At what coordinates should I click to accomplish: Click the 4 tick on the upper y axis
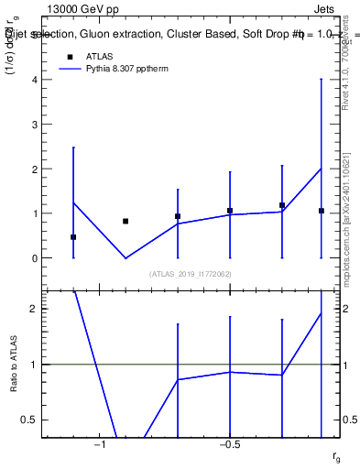[x=36, y=80]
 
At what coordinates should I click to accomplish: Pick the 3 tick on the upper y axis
[x=36, y=125]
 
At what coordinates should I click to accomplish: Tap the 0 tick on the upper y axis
[x=36, y=258]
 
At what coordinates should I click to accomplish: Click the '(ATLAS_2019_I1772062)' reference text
[x=191, y=274]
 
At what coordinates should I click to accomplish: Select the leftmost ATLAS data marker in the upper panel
[x=73, y=237]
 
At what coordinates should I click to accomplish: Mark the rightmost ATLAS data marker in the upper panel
[x=322, y=211]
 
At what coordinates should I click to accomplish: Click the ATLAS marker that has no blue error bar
[x=125, y=221]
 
